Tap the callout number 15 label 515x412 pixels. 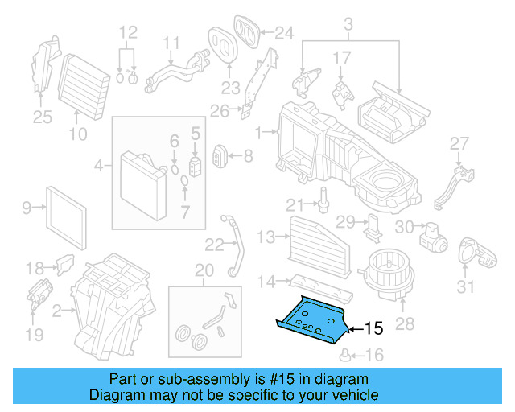click(x=374, y=328)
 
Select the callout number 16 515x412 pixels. click(x=374, y=355)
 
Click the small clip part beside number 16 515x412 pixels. click(x=344, y=355)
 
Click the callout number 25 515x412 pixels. click(x=41, y=118)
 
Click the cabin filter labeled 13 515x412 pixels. click(x=318, y=237)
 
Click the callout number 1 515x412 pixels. click(x=259, y=131)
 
